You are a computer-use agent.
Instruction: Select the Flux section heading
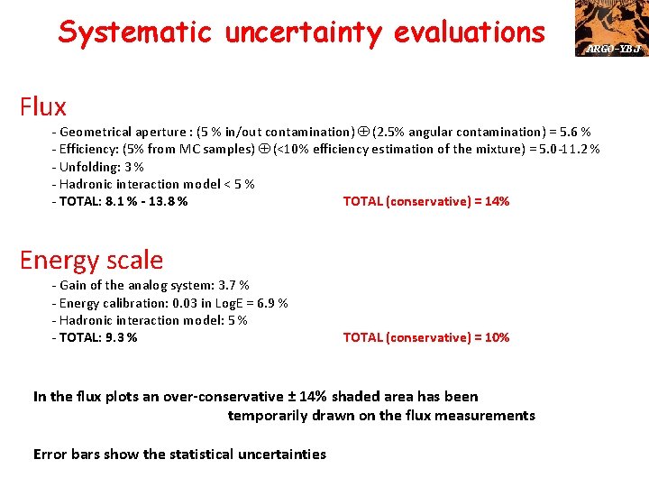pos(43,107)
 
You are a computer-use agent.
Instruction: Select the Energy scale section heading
pos(91,261)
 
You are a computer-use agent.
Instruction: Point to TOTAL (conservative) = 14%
pos(425,201)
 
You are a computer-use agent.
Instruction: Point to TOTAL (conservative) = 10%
pos(425,337)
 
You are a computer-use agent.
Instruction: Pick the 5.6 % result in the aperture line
pos(572,132)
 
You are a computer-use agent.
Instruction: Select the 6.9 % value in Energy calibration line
pos(270,303)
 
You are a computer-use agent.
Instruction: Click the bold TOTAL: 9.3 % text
pos(96,337)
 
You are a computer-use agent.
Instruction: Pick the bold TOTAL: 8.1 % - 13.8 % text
pos(122,201)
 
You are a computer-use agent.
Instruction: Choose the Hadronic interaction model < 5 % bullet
pos(154,184)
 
